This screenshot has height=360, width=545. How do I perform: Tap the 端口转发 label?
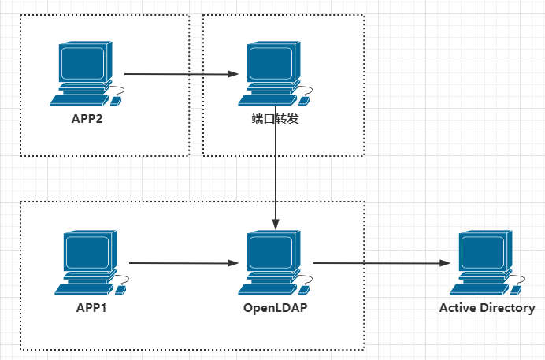[x=275, y=121]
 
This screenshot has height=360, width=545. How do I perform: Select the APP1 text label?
[x=91, y=307]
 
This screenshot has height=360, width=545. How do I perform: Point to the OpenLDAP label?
[x=275, y=307]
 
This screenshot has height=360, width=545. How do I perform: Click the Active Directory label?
[x=487, y=307]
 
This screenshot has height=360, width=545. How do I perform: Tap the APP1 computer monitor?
[x=87, y=254]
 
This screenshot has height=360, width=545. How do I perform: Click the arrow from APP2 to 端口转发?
[x=181, y=74]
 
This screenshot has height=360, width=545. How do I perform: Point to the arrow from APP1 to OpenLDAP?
[x=183, y=263]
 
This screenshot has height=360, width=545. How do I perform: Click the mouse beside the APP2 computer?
[x=116, y=100]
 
